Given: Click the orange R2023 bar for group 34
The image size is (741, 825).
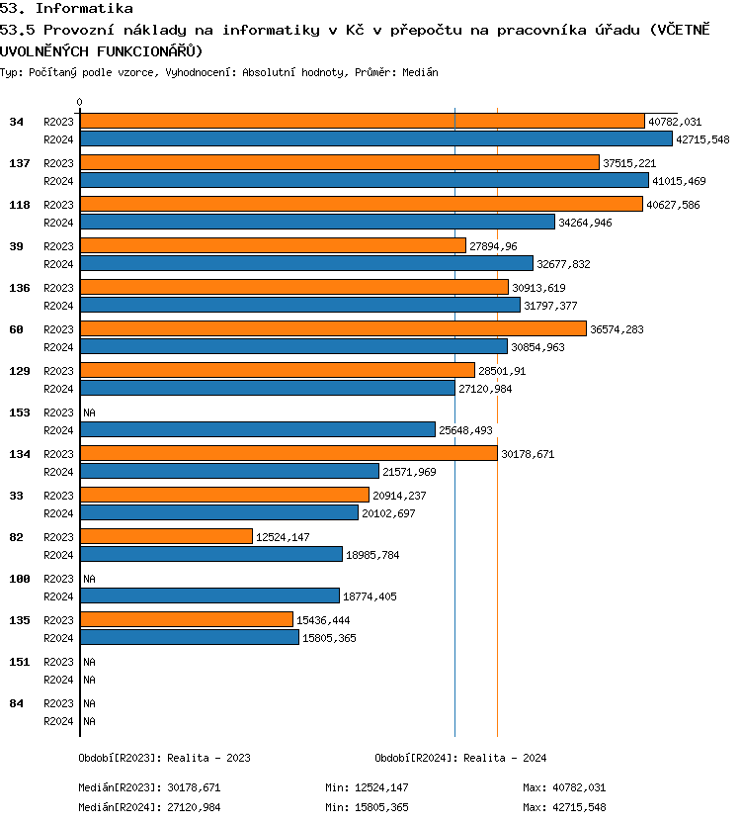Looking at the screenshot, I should [x=362, y=121].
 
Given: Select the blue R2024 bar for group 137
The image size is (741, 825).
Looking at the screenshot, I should [x=364, y=180].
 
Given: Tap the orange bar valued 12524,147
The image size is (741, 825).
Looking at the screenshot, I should [x=166, y=536].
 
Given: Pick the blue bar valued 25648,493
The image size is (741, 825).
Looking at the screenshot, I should [x=257, y=429].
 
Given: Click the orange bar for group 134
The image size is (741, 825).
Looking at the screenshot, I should [x=288, y=453].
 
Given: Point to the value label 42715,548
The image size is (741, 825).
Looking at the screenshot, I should [x=702, y=139].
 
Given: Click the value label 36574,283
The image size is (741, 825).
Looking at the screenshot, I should [x=617, y=329].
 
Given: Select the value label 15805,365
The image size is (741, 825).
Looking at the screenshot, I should [x=329, y=638].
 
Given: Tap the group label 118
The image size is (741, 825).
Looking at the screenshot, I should [x=19, y=205].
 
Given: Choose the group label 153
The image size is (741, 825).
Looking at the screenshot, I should [x=19, y=412].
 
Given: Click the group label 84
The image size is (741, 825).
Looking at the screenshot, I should [x=16, y=703].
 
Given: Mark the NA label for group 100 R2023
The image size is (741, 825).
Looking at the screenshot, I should [x=89, y=579].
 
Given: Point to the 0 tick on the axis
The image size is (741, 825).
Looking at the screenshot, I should [x=79, y=102].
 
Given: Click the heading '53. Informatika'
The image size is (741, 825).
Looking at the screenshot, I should [x=66, y=9].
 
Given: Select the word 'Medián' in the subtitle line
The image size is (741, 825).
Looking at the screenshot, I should [x=421, y=73].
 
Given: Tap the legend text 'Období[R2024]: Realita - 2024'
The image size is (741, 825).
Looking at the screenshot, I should [x=460, y=758].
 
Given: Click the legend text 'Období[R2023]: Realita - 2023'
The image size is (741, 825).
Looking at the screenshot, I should [x=164, y=758].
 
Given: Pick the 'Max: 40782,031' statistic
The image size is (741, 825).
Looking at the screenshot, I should [x=564, y=787].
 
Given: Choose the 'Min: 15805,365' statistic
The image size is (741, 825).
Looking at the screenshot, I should [x=367, y=807].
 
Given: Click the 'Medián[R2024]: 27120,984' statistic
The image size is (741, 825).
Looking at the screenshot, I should [x=149, y=807].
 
